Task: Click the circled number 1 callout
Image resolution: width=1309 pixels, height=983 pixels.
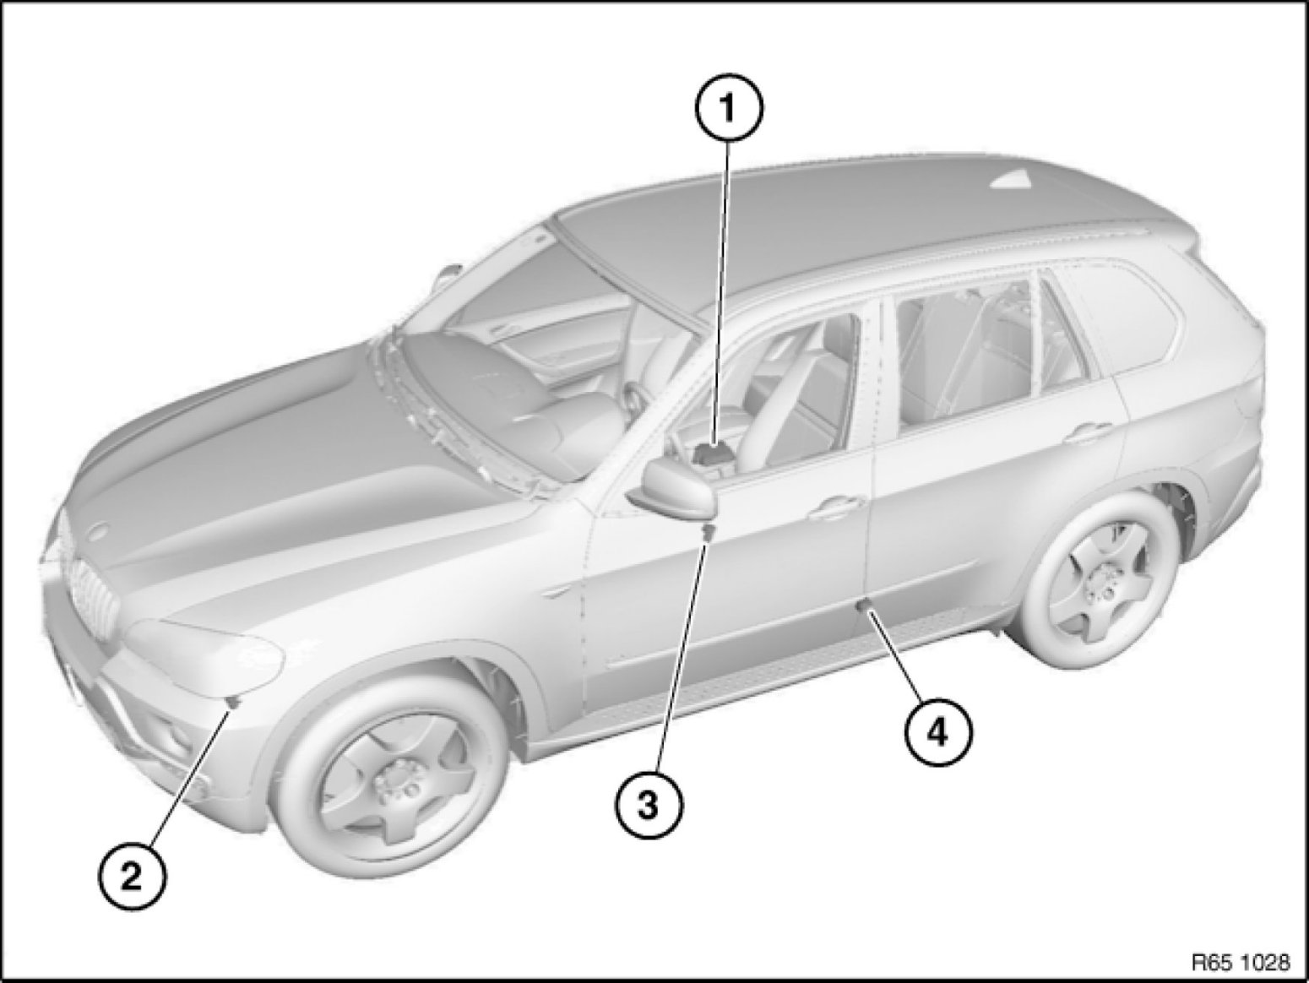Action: click(x=728, y=108)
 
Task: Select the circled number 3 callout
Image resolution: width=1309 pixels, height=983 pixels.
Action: click(x=649, y=806)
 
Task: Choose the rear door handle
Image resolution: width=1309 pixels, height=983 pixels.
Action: click(x=1091, y=430)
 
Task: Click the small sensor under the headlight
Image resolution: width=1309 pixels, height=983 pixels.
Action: click(x=233, y=703)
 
